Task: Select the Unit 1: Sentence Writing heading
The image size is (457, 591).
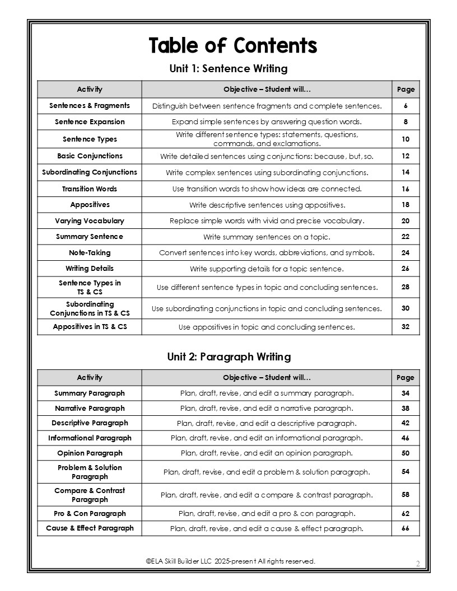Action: (228, 69)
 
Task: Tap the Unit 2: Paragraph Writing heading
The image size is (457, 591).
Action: (228, 357)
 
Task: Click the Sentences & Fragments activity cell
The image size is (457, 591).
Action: (90, 106)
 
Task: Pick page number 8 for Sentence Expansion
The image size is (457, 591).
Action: (405, 122)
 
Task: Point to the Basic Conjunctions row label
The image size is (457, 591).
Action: (90, 156)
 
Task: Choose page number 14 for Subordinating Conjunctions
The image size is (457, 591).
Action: (405, 172)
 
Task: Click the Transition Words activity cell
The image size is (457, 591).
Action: (90, 189)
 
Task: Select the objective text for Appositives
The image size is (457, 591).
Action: (267, 205)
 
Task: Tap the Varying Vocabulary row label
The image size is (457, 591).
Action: (90, 221)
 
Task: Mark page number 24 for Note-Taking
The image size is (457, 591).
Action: (405, 253)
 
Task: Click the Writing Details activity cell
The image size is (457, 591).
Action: (90, 269)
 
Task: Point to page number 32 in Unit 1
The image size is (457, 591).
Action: (405, 327)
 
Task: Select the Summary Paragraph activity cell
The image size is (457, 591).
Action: (90, 393)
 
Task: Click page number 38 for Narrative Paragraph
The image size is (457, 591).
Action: (405, 409)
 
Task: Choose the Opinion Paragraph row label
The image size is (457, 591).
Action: (90, 453)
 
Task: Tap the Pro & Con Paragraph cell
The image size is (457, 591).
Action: (90, 514)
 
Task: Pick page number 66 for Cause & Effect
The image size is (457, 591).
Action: (405, 528)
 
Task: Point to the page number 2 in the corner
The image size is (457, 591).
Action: (418, 562)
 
